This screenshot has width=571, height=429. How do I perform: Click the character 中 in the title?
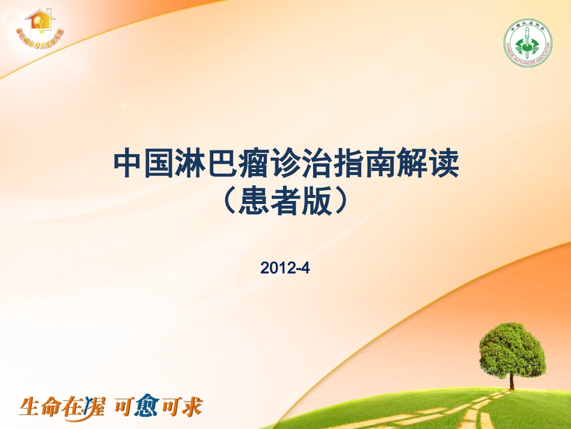point(127,164)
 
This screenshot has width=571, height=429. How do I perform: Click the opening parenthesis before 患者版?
point(228,202)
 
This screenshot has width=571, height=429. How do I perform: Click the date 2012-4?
point(285,268)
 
